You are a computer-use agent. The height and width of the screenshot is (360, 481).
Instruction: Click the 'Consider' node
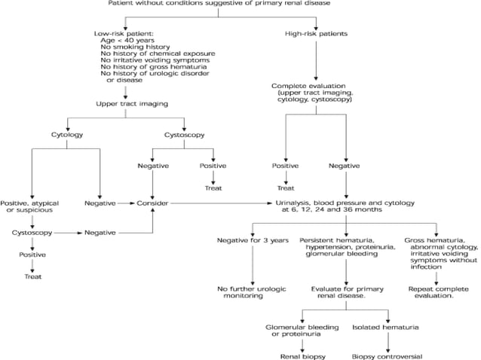click(x=153, y=203)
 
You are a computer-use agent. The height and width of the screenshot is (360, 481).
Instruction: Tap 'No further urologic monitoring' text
click(x=251, y=292)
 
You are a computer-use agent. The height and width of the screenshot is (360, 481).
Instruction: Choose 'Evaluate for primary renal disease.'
click(x=343, y=292)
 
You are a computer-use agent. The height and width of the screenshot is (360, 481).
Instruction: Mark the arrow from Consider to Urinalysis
click(x=219, y=203)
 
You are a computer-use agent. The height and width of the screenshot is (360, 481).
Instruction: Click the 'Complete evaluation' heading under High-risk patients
click(x=309, y=86)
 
